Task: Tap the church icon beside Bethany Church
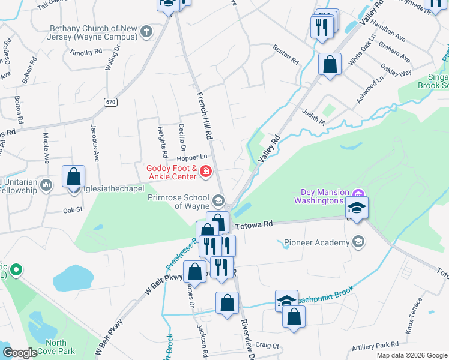[147, 32]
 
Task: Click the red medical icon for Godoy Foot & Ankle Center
[206, 172]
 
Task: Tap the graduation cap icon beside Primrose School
[218, 200]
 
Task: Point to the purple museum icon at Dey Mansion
[358, 193]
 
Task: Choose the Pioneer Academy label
[317, 242]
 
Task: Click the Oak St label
[72, 211]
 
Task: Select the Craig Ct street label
[267, 346]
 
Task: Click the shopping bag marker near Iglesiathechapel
[73, 178]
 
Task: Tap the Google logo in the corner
[20, 353]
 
